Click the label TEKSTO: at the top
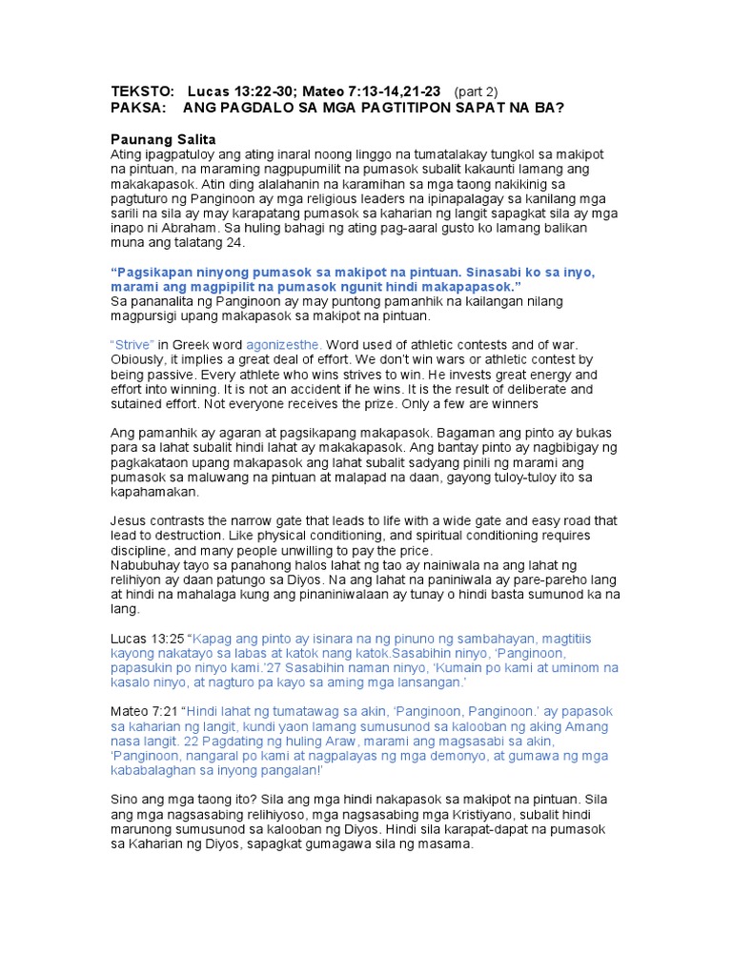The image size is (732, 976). point(143,91)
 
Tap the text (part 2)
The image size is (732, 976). point(476,91)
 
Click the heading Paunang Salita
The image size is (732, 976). point(163,139)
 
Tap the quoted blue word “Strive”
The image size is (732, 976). point(132,344)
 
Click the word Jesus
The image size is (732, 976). point(130,520)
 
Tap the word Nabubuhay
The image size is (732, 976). point(145,565)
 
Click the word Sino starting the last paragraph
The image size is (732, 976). point(125,800)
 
